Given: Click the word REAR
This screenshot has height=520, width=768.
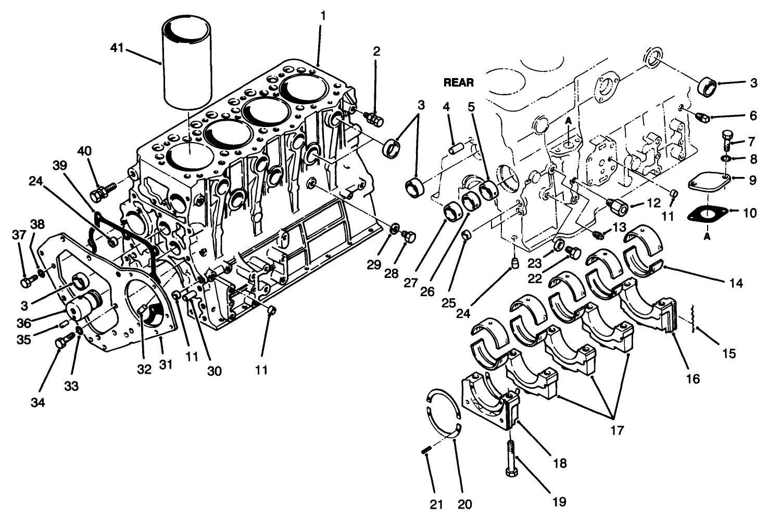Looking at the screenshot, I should pos(458,82).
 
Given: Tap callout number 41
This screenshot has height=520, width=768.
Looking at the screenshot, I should pos(117,48).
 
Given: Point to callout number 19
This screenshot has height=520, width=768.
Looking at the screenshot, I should pos(559,501).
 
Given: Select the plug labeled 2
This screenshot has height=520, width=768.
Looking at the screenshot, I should pos(374,119).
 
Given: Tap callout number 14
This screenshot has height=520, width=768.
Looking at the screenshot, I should pos(736,283).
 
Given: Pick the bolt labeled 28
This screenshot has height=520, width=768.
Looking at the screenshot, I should pos(409,237).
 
